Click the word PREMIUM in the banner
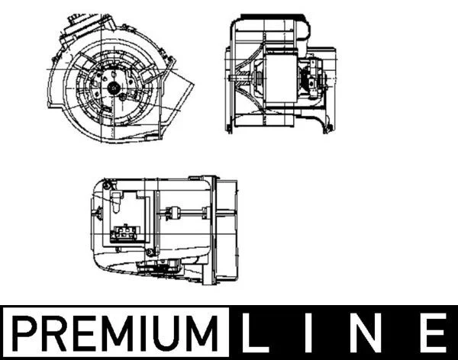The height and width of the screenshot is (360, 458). click(x=115, y=333)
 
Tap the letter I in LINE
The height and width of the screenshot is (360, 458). click(x=308, y=333)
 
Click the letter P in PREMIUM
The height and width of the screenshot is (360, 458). click(x=24, y=333)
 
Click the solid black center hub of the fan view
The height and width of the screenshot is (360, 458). click(x=113, y=87)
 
